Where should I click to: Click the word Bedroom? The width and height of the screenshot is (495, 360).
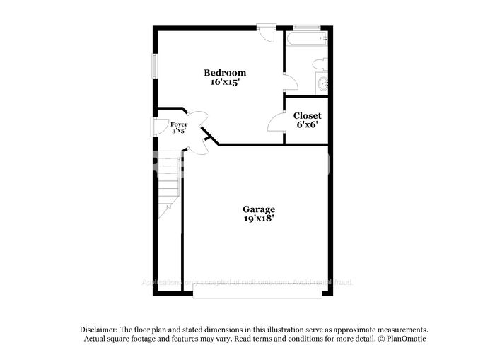(x=225, y=73)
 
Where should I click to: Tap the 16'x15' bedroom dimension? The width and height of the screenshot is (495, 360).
(x=225, y=82)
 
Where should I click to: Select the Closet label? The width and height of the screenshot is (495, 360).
(x=307, y=115)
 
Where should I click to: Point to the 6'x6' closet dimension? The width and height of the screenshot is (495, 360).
(x=307, y=124)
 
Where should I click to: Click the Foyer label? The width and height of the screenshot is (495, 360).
(x=179, y=124)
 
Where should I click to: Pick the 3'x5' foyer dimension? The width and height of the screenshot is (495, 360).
(x=179, y=131)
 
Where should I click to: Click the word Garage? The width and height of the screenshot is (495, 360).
(x=259, y=209)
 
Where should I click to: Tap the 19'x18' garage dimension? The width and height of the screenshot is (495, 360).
(x=259, y=219)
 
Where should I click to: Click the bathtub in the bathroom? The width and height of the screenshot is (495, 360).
(x=306, y=39)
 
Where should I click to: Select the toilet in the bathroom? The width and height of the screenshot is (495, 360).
(x=319, y=64)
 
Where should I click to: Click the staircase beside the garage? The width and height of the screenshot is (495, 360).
(x=169, y=184)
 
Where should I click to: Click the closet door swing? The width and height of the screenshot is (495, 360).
(x=276, y=123)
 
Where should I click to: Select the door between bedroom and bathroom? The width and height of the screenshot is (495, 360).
(x=289, y=82)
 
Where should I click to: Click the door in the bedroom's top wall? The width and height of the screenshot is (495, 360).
(x=267, y=33)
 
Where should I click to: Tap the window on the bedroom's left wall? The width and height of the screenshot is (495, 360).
(x=155, y=64)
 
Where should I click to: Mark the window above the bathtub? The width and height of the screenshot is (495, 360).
(x=307, y=28)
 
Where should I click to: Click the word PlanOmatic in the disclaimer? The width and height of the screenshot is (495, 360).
(x=403, y=339)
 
